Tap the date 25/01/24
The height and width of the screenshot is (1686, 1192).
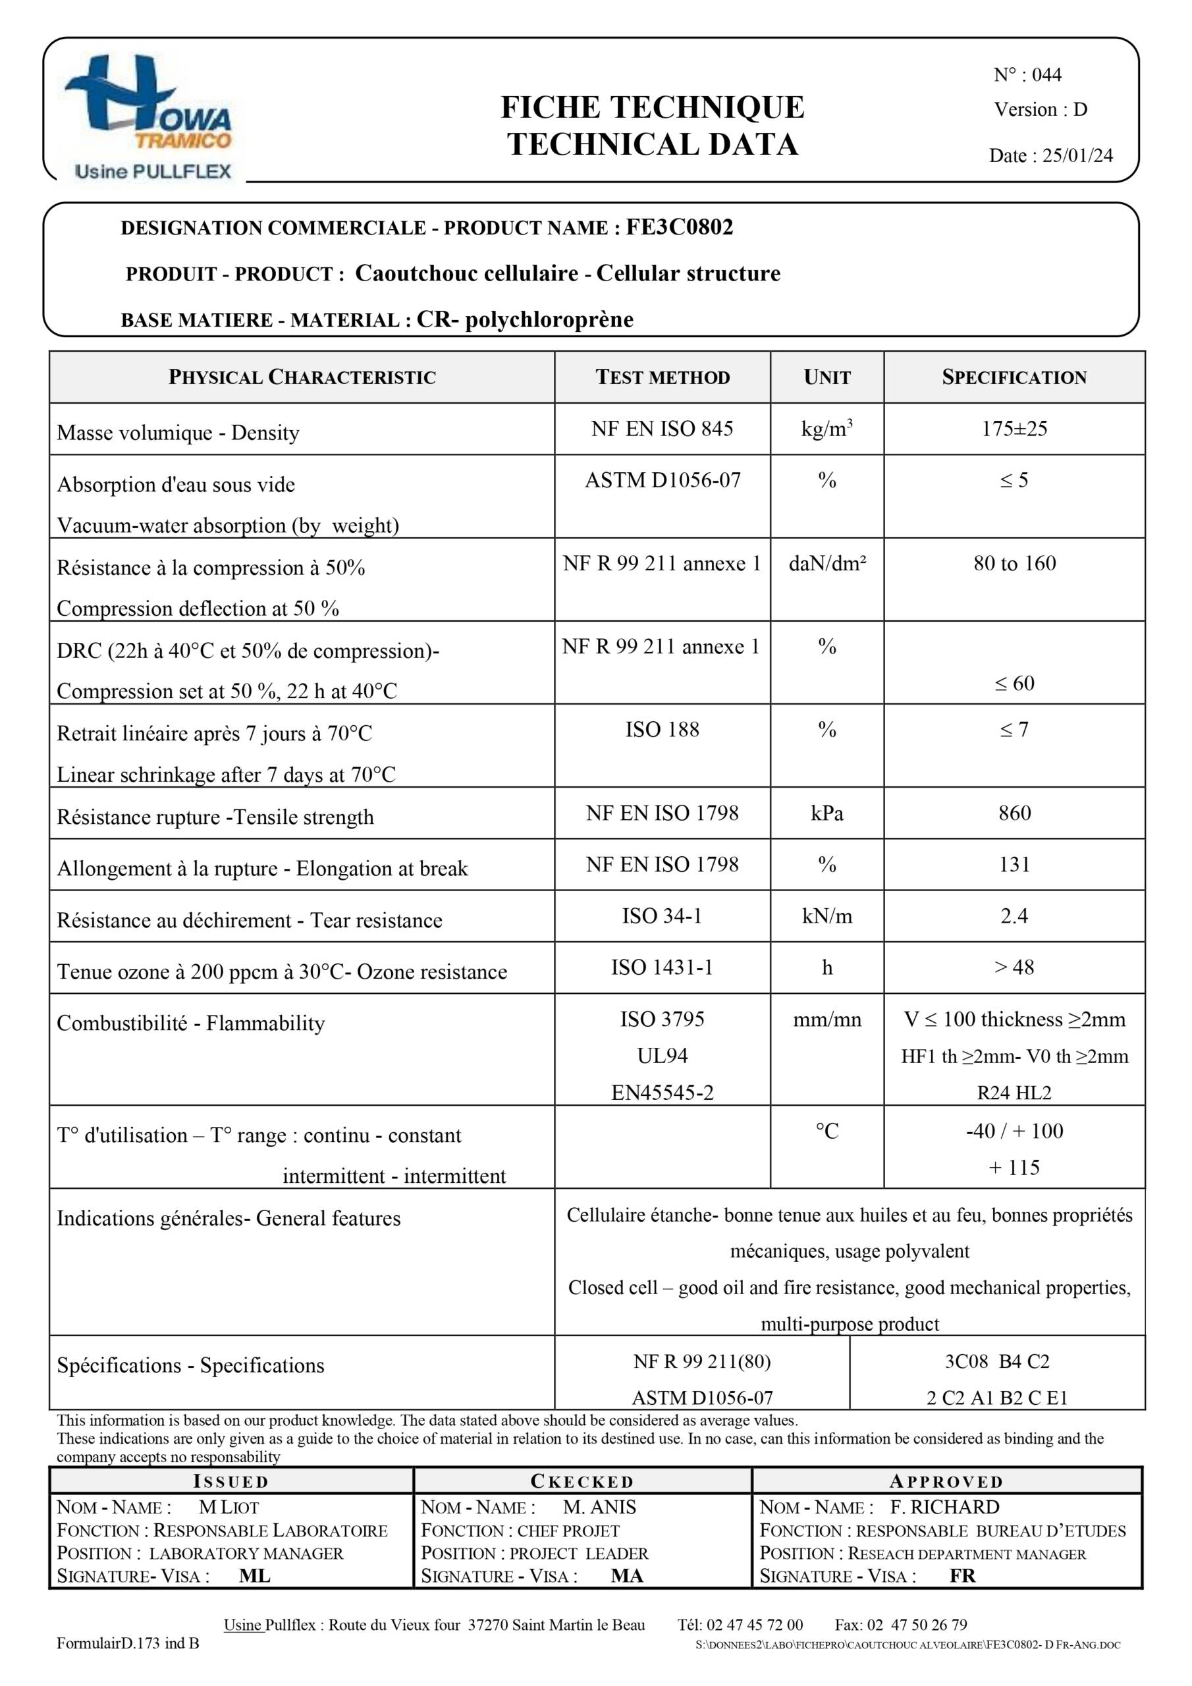(x=1077, y=155)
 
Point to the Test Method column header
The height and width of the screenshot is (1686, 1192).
(x=662, y=377)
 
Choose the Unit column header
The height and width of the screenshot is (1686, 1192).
(x=826, y=377)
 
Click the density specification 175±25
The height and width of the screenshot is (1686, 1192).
(x=1014, y=429)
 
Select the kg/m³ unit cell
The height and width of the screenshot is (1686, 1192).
(x=826, y=429)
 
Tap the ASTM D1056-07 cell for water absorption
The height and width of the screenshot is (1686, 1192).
(x=662, y=480)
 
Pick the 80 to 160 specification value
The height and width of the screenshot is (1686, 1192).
(x=1014, y=563)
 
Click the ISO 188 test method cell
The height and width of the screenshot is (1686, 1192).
(x=662, y=729)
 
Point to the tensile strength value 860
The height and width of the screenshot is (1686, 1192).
(x=1014, y=813)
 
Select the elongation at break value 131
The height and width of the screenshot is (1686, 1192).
(x=1014, y=864)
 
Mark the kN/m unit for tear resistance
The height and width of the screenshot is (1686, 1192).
(x=826, y=915)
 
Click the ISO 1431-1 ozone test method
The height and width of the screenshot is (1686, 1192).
(x=662, y=967)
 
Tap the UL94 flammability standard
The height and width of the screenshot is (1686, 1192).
(x=662, y=1056)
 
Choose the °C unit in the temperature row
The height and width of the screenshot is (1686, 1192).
(x=826, y=1131)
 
